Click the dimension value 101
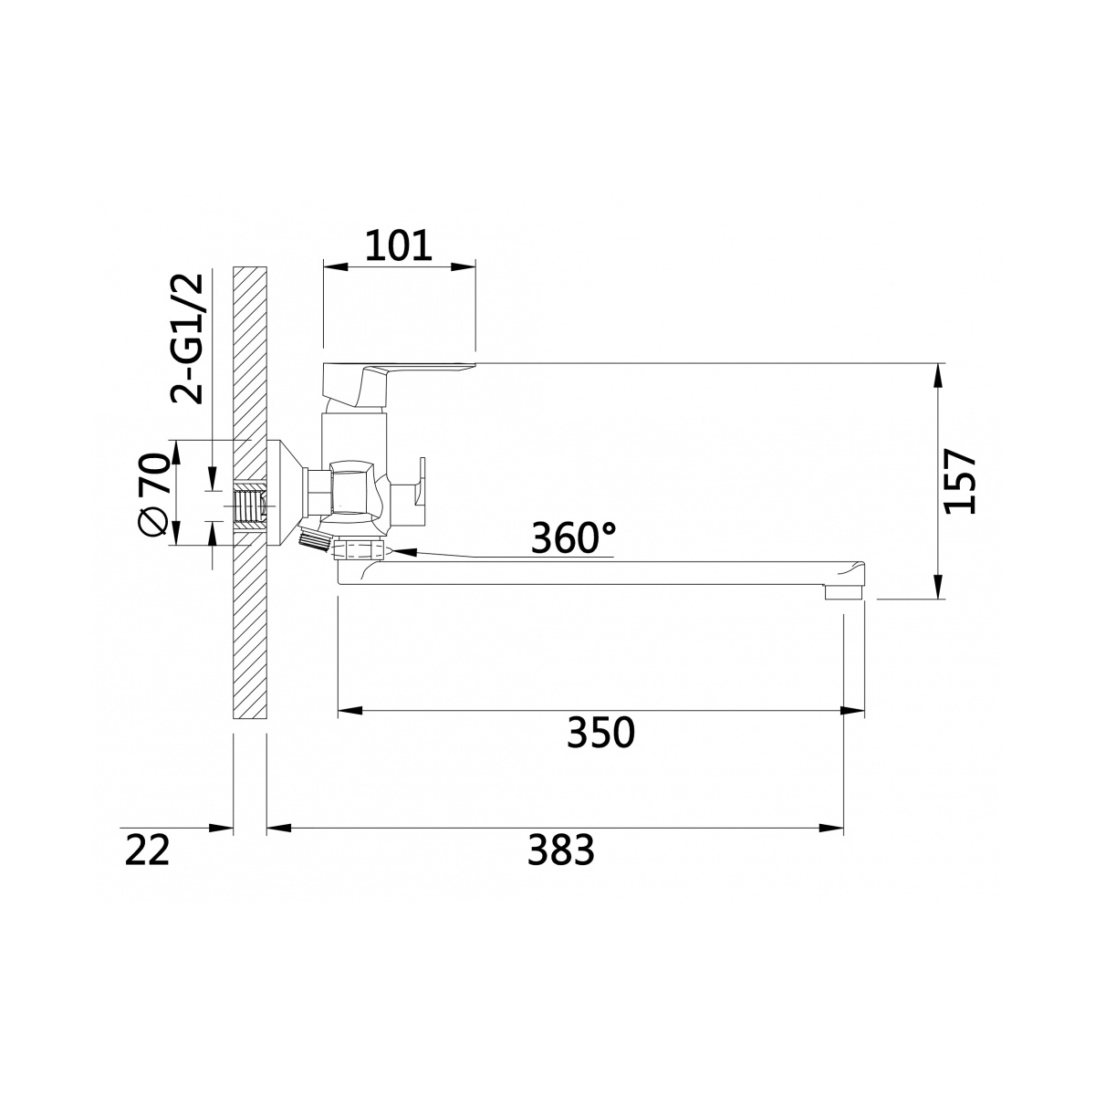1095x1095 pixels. pyautogui.click(x=399, y=245)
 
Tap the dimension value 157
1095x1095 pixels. pyautogui.click(x=959, y=481)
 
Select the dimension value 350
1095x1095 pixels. pyautogui.click(x=600, y=733)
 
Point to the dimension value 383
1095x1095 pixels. pyautogui.click(x=561, y=850)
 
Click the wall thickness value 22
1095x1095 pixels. pyautogui.click(x=147, y=850)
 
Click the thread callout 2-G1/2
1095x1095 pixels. pyautogui.click(x=186, y=339)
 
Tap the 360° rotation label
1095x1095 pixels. pyautogui.click(x=573, y=537)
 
